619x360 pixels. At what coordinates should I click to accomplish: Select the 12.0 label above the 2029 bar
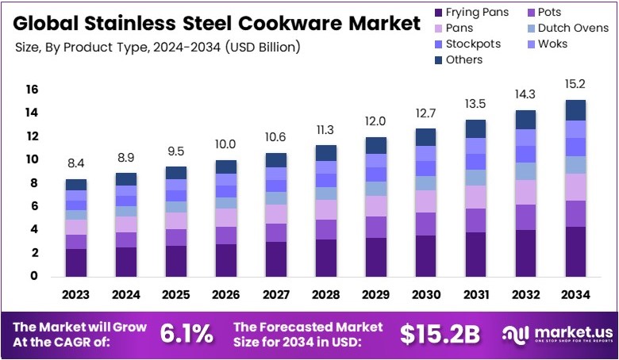pos(376,121)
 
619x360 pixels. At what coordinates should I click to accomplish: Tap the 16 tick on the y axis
pos(32,90)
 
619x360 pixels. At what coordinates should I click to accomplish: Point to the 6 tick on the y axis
pos(34,206)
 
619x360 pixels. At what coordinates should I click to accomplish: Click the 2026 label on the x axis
pos(226,296)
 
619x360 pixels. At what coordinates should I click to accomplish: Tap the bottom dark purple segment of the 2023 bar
pos(76,262)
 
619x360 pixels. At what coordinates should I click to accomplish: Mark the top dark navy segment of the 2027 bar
pos(276,159)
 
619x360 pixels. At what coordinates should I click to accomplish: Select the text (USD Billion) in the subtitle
pos(263,48)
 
